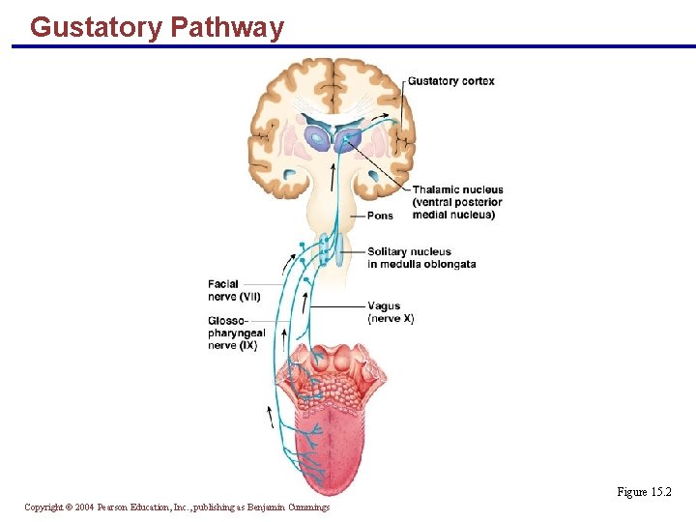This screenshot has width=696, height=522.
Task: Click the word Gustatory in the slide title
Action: pyautogui.click(x=96, y=27)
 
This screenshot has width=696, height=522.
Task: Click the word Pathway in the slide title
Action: pyautogui.click(x=227, y=27)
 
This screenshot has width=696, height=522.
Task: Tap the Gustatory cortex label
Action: pyautogui.click(x=450, y=81)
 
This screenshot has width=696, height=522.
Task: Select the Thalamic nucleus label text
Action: pyautogui.click(x=457, y=190)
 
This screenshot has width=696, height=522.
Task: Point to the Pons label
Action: pyautogui.click(x=380, y=216)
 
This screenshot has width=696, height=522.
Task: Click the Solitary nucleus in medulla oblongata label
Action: pyautogui.click(x=420, y=258)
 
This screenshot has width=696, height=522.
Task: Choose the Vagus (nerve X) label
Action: pyautogui.click(x=391, y=312)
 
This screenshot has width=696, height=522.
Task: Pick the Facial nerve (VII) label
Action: pyautogui.click(x=233, y=290)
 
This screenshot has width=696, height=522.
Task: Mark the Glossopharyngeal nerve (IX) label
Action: pyautogui.click(x=236, y=333)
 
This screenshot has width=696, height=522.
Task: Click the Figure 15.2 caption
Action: pyautogui.click(x=644, y=492)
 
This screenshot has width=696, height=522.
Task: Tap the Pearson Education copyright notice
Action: pyautogui.click(x=177, y=507)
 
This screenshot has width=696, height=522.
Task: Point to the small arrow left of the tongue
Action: pyautogui.click(x=270, y=417)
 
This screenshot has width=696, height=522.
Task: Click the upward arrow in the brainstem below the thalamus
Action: pyautogui.click(x=334, y=176)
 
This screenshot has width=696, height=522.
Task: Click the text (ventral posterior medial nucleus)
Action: pyautogui.click(x=457, y=208)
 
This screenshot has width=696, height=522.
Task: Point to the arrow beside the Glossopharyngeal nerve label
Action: pyautogui.click(x=284, y=338)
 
